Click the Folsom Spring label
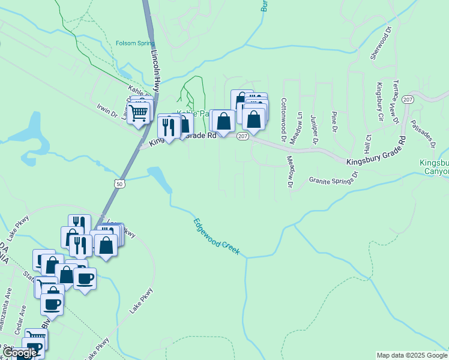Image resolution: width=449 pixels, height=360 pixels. pos(134,43)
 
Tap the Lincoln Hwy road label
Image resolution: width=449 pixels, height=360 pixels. pos(155,70)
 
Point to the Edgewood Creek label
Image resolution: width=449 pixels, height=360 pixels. pos(217,237)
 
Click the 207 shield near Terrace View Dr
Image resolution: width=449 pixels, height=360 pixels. pos(408,100)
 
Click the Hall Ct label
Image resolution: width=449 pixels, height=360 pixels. pos(368,144)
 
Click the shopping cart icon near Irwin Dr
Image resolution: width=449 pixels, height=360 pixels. pos(139,112)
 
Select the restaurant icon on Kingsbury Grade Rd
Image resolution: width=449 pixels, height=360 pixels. pos(168,127)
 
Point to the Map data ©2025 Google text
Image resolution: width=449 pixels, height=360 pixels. pos(412,355)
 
